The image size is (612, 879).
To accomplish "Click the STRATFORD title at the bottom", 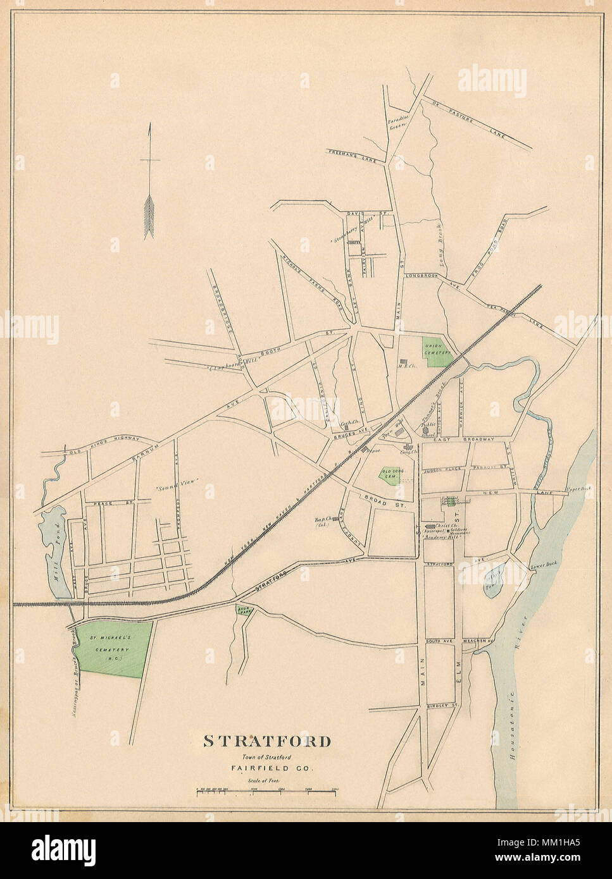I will tap(266, 741).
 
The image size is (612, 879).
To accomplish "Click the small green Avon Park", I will tap(243, 610).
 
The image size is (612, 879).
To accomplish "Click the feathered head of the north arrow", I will tap(150, 215).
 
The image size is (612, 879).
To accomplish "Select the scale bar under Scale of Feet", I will tap(266, 790).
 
